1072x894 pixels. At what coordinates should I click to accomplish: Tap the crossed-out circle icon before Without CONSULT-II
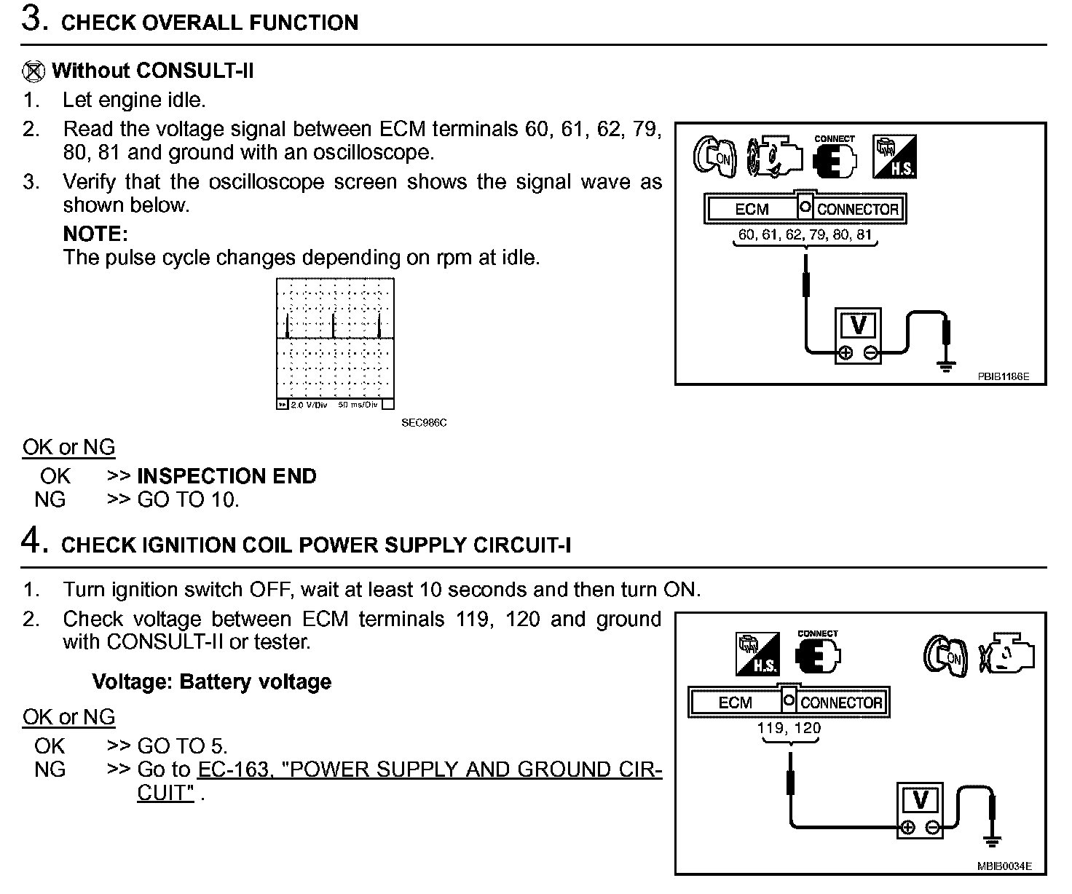tap(33, 71)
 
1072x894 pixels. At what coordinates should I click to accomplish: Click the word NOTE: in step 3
tap(95, 234)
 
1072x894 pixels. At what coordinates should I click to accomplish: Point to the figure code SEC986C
tap(424, 422)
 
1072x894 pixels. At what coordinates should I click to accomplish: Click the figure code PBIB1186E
tap(1003, 376)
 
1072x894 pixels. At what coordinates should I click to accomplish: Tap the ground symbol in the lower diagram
tap(992, 842)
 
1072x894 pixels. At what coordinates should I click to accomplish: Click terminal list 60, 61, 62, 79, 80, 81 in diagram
tap(805, 234)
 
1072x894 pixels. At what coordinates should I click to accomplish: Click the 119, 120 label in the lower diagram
tap(789, 728)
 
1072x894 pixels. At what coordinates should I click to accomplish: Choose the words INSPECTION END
tap(226, 476)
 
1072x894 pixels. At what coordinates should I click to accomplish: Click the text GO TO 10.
tap(188, 499)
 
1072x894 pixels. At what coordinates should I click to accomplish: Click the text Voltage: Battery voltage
tap(211, 681)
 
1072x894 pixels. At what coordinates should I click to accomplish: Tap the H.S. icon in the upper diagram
tap(894, 156)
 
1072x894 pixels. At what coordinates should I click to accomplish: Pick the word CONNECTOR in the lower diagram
tap(841, 703)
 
